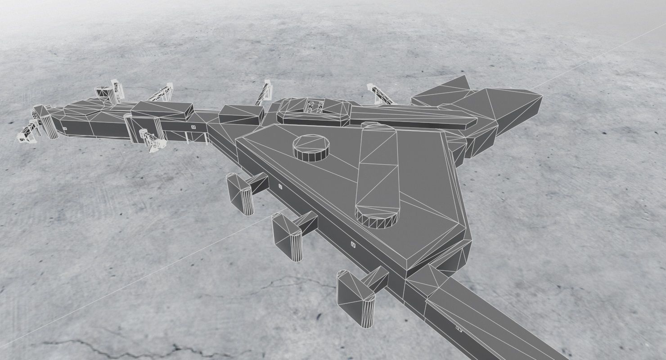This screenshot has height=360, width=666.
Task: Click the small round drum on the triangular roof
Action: [310, 148]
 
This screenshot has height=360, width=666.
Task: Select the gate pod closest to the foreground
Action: [356, 297]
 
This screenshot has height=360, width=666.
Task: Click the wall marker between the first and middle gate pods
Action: [279, 186]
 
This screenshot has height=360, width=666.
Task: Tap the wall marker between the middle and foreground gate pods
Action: [353, 245]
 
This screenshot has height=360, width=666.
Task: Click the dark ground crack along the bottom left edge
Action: [112, 346]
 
